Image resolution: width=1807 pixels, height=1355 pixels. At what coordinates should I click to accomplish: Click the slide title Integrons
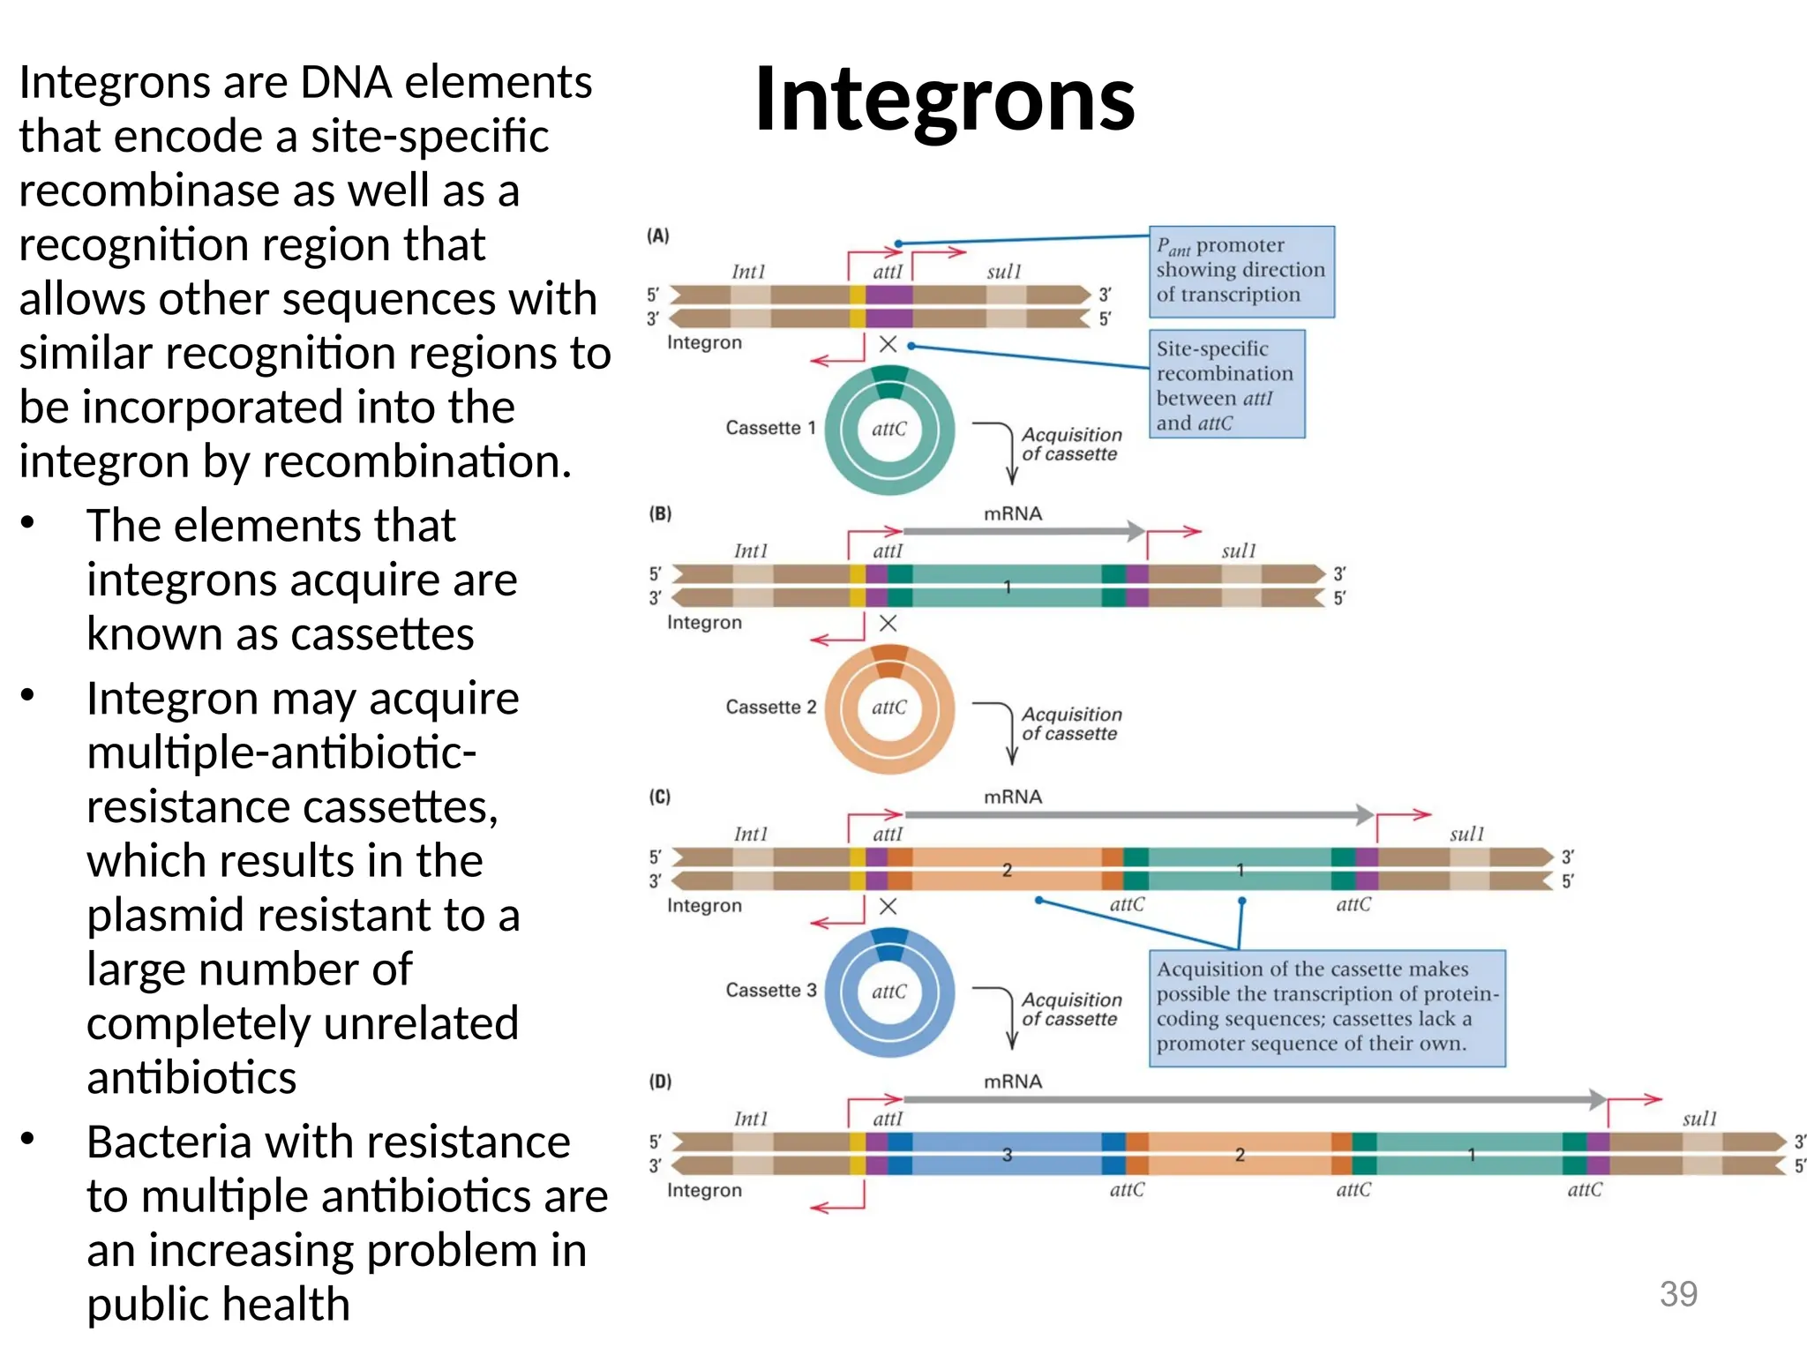click(944, 99)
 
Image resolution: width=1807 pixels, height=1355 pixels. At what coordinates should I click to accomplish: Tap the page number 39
click(1677, 1293)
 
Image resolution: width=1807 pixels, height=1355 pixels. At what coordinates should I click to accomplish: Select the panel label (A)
click(658, 236)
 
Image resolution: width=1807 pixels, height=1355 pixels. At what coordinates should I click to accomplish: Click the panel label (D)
click(660, 1081)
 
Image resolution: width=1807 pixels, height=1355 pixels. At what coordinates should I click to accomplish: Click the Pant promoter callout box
click(1241, 271)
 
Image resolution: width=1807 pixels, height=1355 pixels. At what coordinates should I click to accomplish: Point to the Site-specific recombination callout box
click(1226, 385)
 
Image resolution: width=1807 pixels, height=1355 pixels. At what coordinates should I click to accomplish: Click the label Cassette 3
click(770, 990)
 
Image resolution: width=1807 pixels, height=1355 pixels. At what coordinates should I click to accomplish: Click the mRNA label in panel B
click(1012, 513)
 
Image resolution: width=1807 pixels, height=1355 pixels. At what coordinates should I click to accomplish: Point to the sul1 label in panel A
click(1003, 272)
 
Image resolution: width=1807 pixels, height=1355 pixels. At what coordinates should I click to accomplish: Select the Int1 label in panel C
click(750, 834)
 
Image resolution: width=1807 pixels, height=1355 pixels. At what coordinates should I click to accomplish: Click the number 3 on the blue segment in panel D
click(1007, 1155)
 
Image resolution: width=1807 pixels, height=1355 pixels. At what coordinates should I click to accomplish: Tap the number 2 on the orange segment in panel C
click(1007, 870)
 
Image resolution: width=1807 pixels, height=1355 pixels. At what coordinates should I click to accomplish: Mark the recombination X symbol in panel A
click(888, 344)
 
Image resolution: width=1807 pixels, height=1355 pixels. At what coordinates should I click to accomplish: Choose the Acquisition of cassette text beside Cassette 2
click(1070, 723)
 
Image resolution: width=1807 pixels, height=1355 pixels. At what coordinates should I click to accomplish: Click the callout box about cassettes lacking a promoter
click(1326, 1007)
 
